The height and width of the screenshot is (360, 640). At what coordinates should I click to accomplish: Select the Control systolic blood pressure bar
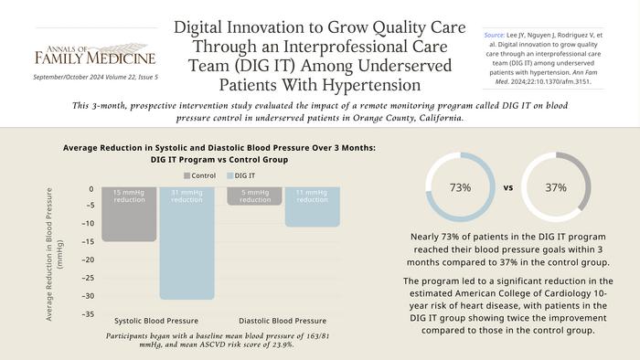128,216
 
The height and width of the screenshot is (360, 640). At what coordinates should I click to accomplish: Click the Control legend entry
200,175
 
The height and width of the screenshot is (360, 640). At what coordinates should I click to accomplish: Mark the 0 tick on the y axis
91,189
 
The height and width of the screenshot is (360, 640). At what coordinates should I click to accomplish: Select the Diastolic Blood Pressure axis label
283,321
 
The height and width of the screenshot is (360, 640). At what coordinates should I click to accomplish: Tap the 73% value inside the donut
461,187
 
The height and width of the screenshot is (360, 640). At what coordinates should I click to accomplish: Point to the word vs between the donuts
509,187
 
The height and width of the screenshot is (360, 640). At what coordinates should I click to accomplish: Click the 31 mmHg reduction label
188,197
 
